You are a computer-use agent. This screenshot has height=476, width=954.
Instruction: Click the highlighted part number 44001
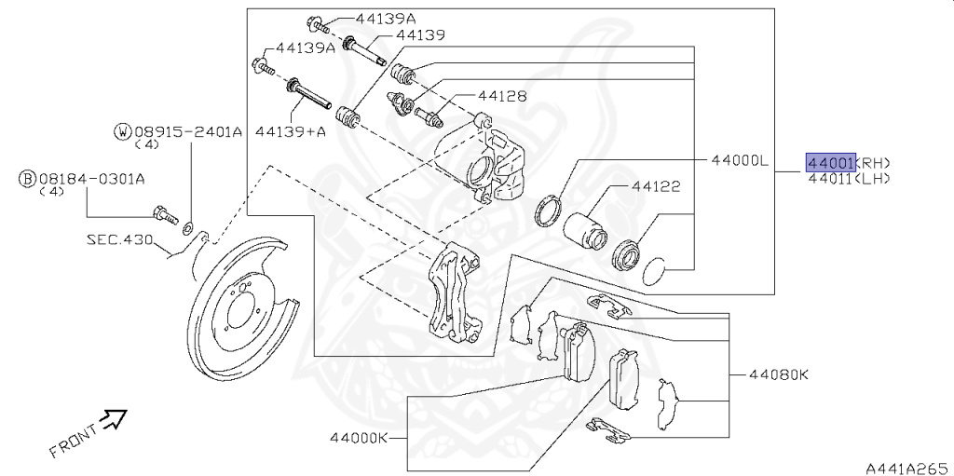point(830,163)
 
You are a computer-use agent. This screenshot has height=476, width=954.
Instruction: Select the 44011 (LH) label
point(848,178)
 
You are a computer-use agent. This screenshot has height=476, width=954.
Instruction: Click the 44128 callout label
point(503,96)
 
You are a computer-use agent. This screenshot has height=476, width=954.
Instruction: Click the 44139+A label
point(291,131)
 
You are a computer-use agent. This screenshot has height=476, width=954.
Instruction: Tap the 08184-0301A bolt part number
point(96,177)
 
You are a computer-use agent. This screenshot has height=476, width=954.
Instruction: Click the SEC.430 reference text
point(119,239)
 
